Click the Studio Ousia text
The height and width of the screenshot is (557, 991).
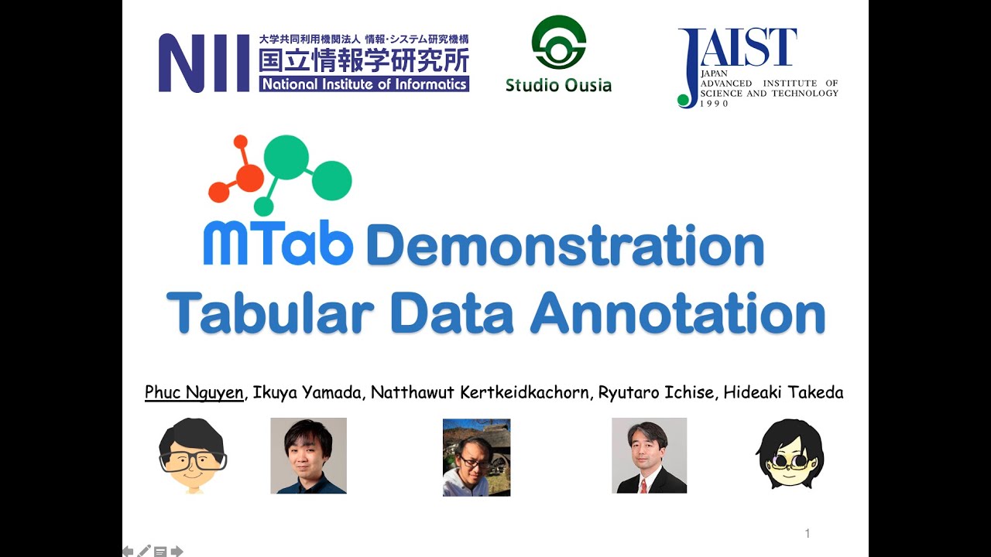pos(558,85)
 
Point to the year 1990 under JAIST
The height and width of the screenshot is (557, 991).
pos(715,103)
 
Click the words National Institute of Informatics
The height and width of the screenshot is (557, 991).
pos(364,84)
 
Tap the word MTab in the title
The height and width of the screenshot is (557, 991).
pos(278,245)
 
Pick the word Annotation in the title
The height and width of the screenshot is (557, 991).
pos(677,313)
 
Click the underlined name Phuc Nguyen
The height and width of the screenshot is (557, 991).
pos(194,392)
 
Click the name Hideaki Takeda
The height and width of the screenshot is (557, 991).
pos(783,392)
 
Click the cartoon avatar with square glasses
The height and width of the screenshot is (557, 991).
pos(192,456)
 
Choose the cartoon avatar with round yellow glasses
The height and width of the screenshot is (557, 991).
pos(790,454)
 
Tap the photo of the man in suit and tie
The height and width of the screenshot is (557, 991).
pos(649,456)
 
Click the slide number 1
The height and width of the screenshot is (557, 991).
pos(808,533)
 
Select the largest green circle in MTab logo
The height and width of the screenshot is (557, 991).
pos(286,157)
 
